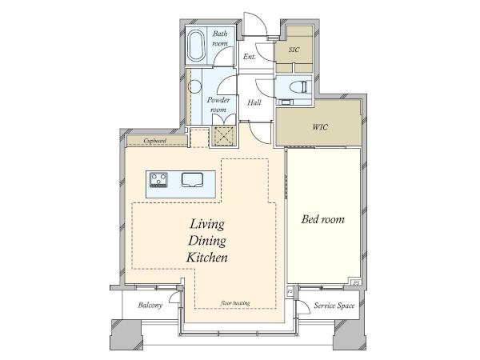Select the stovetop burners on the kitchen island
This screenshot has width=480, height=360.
158,180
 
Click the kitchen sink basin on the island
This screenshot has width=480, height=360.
192,180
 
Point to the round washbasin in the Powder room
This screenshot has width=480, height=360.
194,86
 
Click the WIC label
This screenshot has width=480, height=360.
320,126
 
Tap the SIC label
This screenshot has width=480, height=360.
294,50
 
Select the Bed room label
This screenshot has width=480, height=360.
323,219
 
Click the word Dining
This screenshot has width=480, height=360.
207,242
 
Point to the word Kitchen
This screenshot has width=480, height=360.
207,258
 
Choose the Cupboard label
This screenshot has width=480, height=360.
155,141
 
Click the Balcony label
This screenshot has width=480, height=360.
150,305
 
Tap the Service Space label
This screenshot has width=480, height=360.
334,306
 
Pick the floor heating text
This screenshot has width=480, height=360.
235,303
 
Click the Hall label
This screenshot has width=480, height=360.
254,102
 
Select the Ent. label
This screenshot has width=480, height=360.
250,57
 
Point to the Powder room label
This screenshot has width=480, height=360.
218,105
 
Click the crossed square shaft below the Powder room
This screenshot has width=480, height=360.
223,136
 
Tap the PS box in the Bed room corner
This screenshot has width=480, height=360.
356,283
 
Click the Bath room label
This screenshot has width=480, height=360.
220,38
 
